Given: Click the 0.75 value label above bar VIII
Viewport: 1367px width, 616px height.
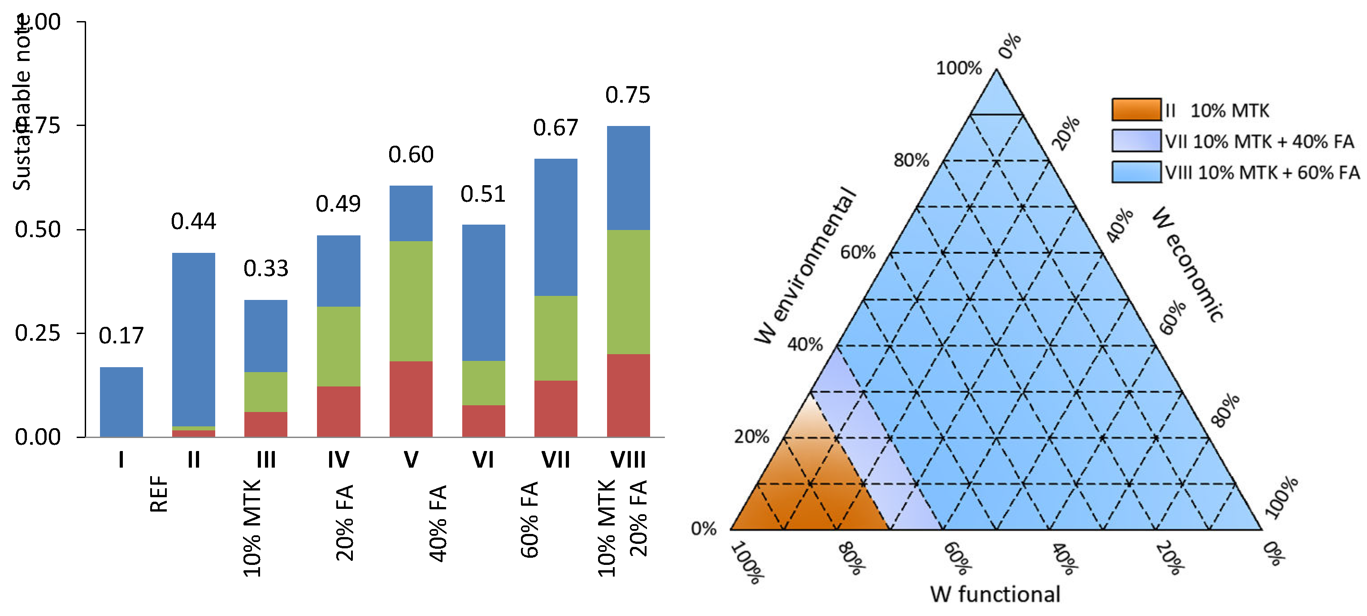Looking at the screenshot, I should (x=627, y=95).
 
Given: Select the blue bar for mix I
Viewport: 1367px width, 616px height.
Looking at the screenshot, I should (x=121, y=402).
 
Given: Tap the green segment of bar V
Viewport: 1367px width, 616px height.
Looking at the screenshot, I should (x=411, y=301).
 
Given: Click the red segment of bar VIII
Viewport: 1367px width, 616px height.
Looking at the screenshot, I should (x=628, y=395).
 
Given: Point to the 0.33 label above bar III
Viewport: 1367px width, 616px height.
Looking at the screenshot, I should (x=266, y=269).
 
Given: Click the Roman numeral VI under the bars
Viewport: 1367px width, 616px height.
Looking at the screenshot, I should (x=483, y=460).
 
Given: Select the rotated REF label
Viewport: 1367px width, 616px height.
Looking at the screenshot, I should (x=159, y=494).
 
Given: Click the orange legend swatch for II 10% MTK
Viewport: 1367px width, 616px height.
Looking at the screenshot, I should (x=1136, y=110).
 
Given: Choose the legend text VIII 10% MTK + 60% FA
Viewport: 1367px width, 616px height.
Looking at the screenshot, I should (x=1263, y=173).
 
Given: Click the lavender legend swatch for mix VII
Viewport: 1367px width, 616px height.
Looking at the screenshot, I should (x=1136, y=141).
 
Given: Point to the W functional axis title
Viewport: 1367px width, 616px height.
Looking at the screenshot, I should (x=995, y=594).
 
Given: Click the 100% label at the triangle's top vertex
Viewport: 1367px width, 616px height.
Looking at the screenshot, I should (x=959, y=68).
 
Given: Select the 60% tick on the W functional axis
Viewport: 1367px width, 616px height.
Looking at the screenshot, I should (x=957, y=558).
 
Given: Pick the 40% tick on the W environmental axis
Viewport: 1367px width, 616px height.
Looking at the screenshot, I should (x=804, y=344).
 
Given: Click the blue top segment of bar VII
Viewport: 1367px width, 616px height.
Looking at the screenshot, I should (x=555, y=227).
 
